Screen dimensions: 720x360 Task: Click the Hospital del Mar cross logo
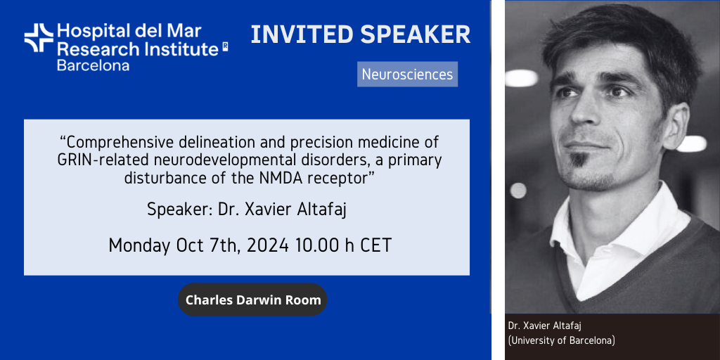pos(39,38)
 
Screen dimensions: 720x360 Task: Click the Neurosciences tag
pos(407,75)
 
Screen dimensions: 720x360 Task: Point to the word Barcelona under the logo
pos(93,65)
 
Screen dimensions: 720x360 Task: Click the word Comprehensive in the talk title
pos(121,143)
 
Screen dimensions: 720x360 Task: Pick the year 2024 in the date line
pos(267,245)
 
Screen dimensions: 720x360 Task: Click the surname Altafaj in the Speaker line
pos(322,210)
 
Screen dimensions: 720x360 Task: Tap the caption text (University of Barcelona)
pos(562,341)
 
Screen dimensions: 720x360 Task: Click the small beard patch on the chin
pos(578,160)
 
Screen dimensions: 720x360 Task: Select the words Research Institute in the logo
pos(138,49)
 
